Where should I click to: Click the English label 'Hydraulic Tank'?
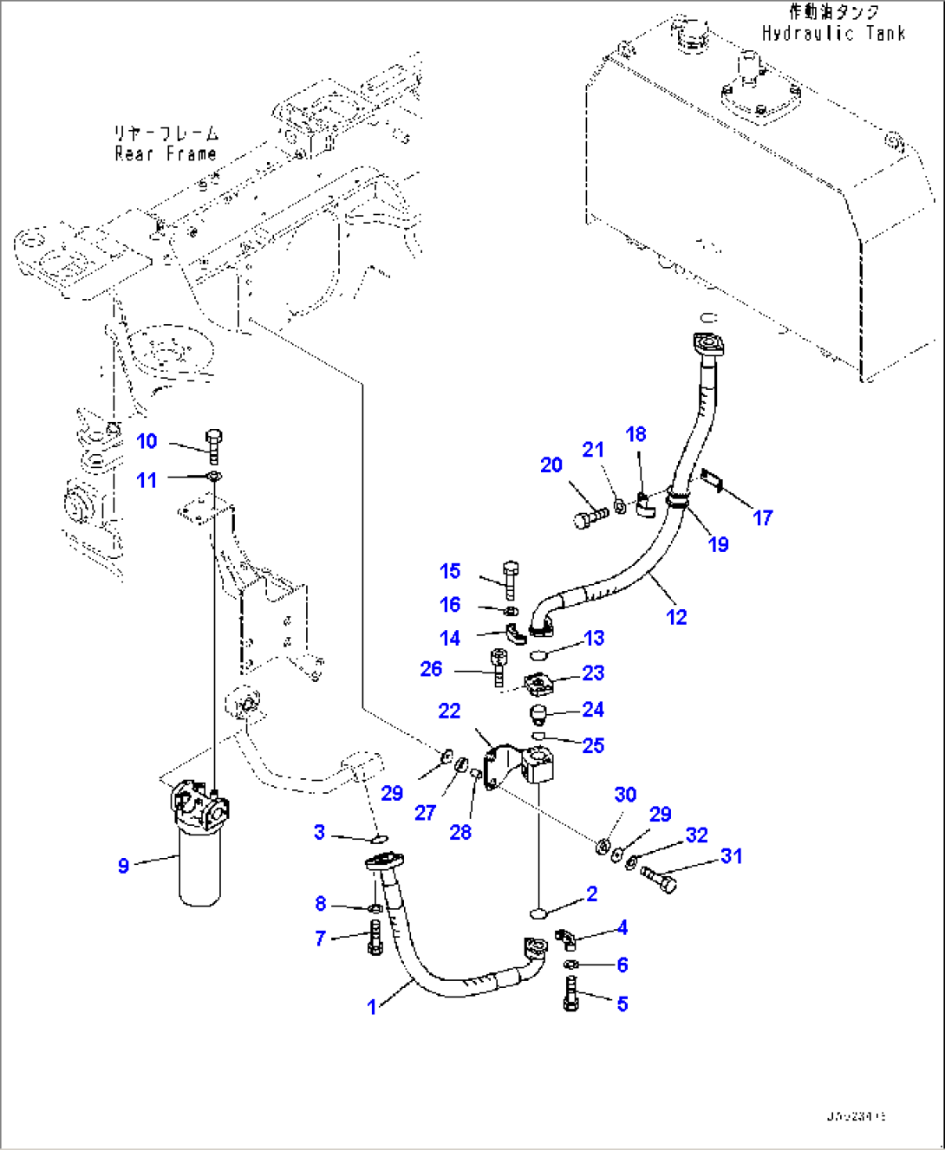833,34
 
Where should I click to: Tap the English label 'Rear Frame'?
166,154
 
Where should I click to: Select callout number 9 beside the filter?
123,866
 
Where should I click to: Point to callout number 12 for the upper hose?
676,617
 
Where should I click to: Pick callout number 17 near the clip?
762,518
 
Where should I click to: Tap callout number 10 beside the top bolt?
147,441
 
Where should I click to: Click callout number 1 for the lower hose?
372,1007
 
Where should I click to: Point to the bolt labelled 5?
570,993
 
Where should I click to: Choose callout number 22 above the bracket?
449,711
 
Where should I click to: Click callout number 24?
593,710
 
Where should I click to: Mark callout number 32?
697,835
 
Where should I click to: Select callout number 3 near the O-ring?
319,833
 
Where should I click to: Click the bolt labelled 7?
375,938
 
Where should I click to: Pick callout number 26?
431,669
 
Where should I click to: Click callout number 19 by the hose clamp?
719,544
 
